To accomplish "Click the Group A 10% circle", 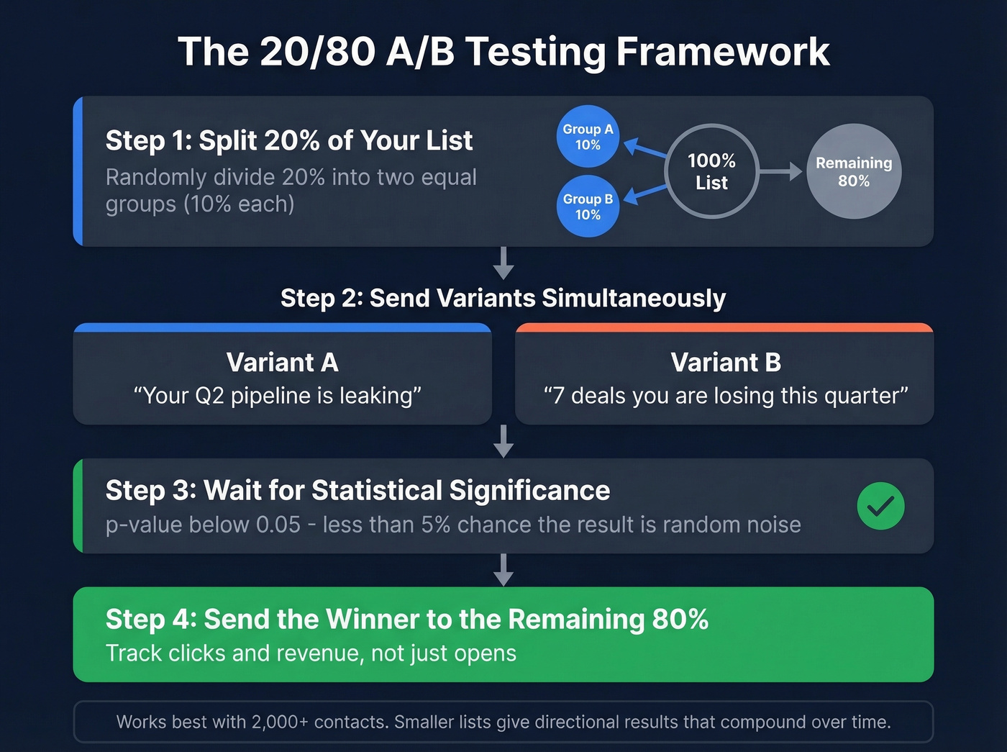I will (588, 136).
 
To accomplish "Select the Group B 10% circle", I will (588, 207).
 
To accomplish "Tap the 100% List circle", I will (711, 171).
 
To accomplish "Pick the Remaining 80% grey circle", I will (854, 171).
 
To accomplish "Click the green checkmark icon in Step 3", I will (880, 506).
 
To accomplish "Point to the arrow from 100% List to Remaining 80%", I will (780, 171).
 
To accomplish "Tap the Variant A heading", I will (282, 362).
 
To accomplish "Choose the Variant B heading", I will (725, 362).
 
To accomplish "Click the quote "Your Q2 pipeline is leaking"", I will (278, 396).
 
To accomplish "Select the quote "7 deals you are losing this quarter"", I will (725, 396).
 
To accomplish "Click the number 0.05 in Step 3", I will (278, 525).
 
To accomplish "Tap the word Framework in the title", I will (723, 52).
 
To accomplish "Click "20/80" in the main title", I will (317, 52).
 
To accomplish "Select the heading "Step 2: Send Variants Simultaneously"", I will (503, 298).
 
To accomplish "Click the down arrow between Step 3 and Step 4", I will (503, 570).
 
